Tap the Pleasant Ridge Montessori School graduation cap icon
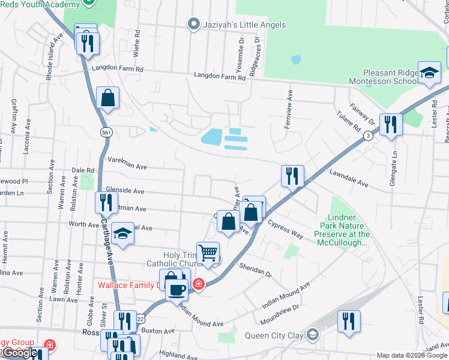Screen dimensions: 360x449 [x=429, y=73]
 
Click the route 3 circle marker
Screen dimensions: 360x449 [x=368, y=136]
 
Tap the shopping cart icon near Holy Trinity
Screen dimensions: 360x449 [x=208, y=253]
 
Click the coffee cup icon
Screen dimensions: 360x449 [x=176, y=290]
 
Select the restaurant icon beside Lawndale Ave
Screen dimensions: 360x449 [x=292, y=176]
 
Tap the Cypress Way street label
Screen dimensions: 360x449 [x=286, y=229]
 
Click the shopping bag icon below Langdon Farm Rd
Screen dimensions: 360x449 [x=107, y=98]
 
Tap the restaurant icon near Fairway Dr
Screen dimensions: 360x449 [x=391, y=125]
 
